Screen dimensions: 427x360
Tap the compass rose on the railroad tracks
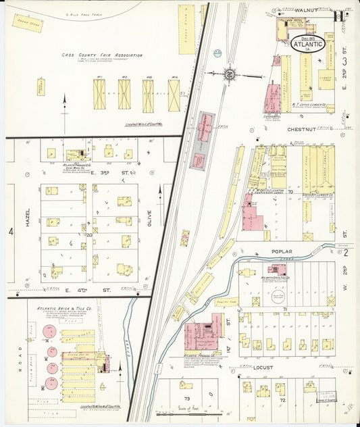tap(230, 73)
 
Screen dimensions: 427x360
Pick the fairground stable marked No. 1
tap(99, 95)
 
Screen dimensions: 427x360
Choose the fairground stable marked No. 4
tap(174, 95)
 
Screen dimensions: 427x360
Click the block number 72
tap(283, 400)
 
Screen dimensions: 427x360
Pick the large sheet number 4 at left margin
tap(11, 231)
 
